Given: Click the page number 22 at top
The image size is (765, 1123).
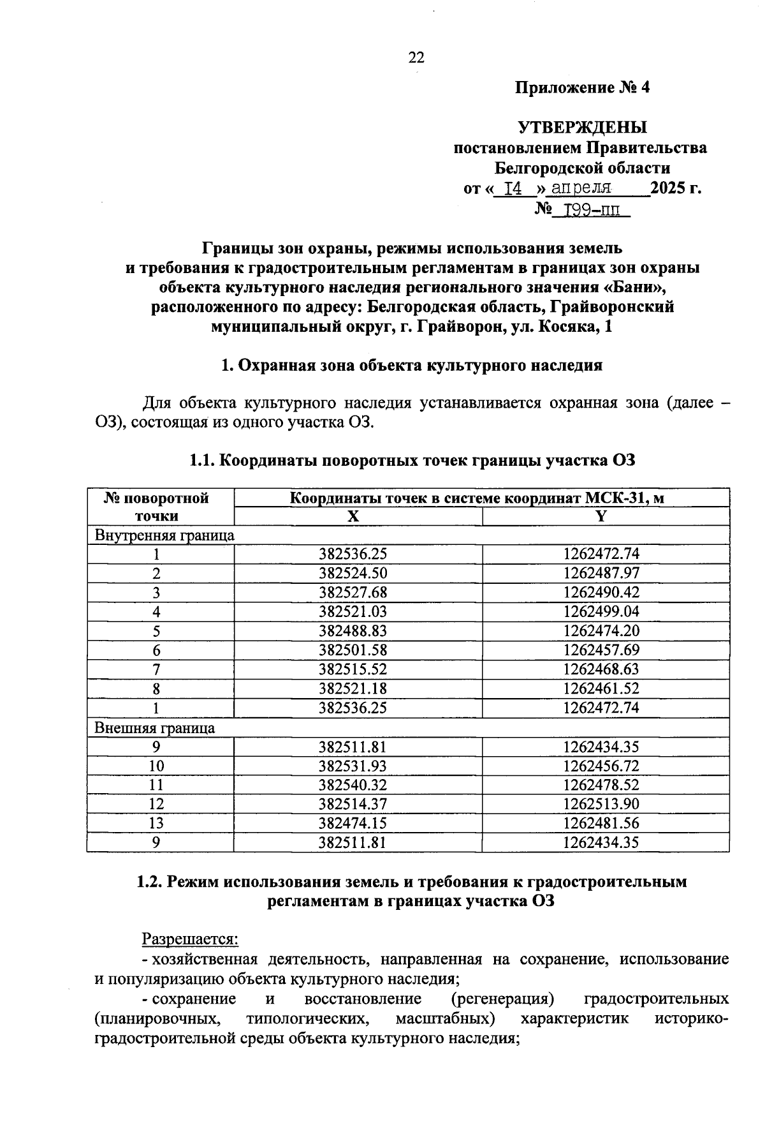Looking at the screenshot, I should coord(416,57).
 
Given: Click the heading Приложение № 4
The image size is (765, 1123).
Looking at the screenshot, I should coord(582,87).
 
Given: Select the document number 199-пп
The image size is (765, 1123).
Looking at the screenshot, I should coord(589,209).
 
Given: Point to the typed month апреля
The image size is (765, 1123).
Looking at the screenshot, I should coord(581,189).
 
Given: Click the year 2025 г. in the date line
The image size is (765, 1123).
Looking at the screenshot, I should coord(675,189).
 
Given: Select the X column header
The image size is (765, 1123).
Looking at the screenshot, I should coord(353,516).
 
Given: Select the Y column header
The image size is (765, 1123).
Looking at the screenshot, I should coord(601,516).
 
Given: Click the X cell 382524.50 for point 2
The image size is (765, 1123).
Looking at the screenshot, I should coord(353,573).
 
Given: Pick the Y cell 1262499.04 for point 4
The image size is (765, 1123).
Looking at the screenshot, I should coord(601,611).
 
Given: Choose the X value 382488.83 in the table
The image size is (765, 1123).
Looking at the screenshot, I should coord(353,630).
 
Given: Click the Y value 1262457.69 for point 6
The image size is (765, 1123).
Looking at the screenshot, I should coord(601,650).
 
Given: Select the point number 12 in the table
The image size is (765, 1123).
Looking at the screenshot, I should coord(156,804).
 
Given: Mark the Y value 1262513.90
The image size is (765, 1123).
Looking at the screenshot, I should coord(601,804).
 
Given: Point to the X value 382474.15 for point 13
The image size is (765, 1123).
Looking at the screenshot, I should coord(353,823).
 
